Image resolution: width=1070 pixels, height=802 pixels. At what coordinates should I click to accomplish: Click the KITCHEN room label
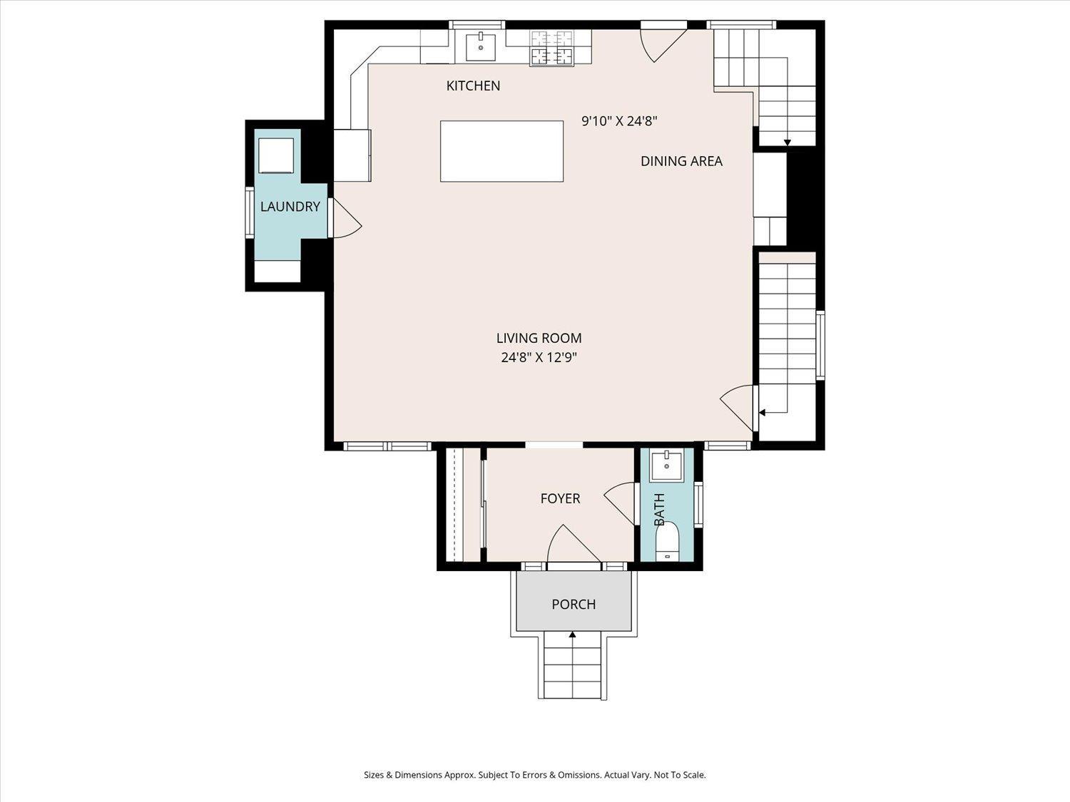point(474,86)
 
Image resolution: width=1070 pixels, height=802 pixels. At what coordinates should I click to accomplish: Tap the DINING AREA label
point(681,161)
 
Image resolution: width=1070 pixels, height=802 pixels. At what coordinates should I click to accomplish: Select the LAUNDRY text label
point(290,207)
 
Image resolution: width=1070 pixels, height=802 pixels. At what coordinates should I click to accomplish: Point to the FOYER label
point(560,498)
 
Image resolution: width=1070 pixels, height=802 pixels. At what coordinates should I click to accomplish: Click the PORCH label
point(574,605)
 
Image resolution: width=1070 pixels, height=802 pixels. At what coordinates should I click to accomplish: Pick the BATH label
point(659,509)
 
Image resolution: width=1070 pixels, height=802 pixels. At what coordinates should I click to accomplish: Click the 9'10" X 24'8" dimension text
point(620,120)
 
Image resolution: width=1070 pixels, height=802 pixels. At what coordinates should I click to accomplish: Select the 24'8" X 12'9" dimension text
point(539,358)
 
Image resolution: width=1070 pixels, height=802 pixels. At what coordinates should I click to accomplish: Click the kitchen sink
point(481,47)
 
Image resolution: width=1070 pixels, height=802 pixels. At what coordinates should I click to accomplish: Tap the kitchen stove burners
point(551,48)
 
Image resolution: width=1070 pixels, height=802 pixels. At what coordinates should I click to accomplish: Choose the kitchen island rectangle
point(501,151)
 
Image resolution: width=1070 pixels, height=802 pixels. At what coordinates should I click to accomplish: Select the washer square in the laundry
point(276,155)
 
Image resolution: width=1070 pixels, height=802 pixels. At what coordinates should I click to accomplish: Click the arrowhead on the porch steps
point(572,634)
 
